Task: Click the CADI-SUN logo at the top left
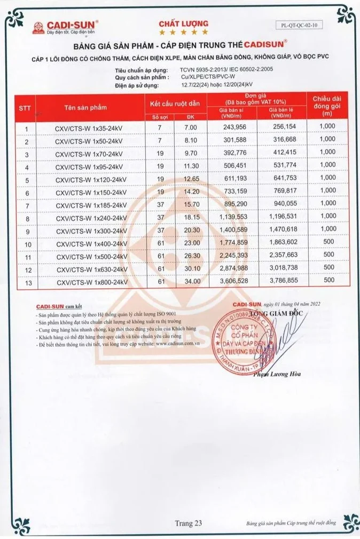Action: coord(65,27)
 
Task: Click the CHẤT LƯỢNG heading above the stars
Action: coord(183,24)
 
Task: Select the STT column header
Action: coord(25,107)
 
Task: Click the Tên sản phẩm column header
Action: coord(85,107)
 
